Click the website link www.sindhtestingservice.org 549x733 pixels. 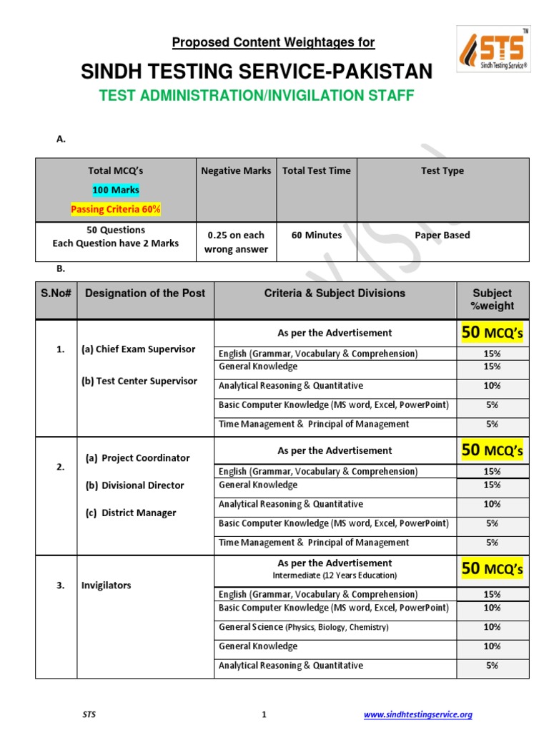(418, 714)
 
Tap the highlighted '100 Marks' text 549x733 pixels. (115, 190)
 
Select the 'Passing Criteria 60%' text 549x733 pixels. (115, 209)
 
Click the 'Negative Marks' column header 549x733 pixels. (236, 171)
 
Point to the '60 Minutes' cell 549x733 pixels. (316, 235)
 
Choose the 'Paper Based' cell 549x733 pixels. (442, 235)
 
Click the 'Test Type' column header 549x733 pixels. (442, 171)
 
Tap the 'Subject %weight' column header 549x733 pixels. (492, 299)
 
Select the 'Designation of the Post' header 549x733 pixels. (145, 293)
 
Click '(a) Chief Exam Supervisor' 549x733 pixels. (138, 349)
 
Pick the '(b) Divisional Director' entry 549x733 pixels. (134, 485)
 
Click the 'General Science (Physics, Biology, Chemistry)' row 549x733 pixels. (304, 627)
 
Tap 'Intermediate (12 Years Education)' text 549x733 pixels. (335, 576)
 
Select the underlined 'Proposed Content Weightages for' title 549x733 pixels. (273, 43)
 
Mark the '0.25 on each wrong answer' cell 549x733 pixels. (235, 242)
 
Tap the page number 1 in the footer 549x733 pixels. (264, 714)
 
